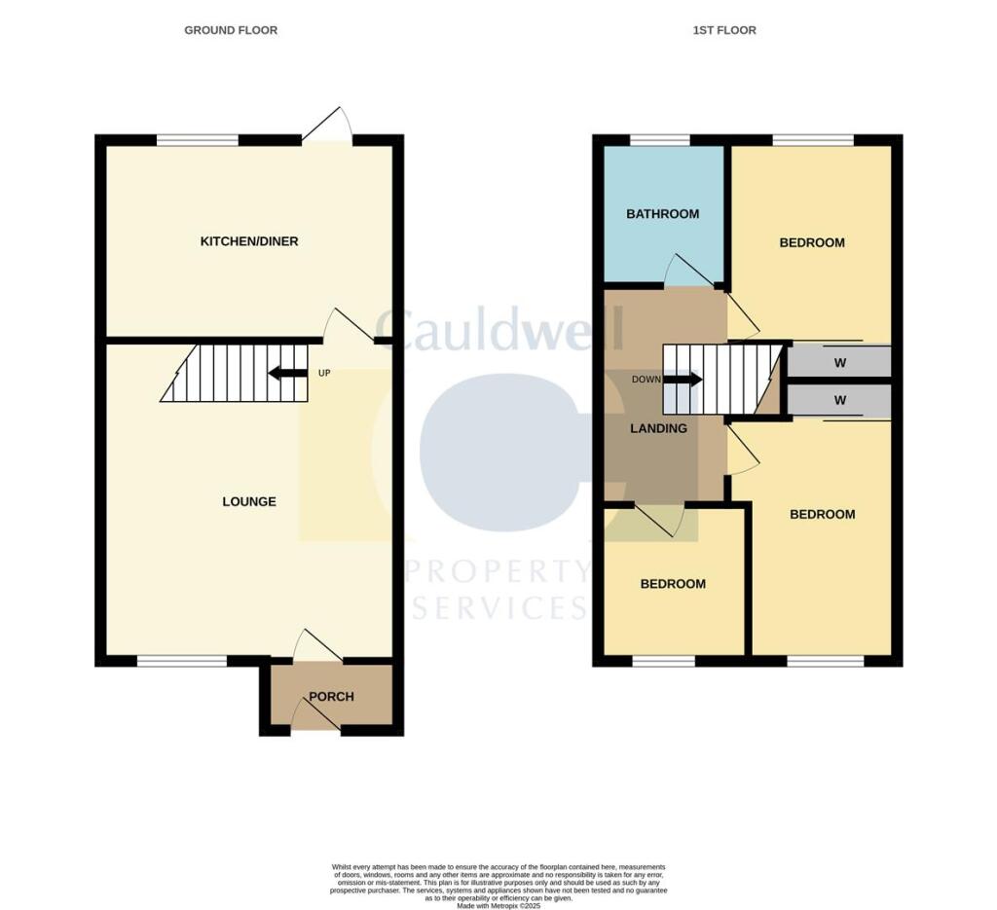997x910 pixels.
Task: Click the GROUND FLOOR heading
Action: click(x=231, y=30)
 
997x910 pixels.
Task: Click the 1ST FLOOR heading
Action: click(x=723, y=30)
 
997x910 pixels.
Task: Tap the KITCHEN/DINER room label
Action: click(x=249, y=240)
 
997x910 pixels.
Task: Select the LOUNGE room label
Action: click(x=249, y=501)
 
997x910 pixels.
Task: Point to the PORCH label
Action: click(x=332, y=697)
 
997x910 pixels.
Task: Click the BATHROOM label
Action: click(x=662, y=214)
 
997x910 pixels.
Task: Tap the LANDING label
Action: click(x=658, y=428)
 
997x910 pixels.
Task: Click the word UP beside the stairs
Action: click(x=324, y=373)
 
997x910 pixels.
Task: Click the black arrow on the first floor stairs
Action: click(x=683, y=380)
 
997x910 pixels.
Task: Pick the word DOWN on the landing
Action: click(x=646, y=380)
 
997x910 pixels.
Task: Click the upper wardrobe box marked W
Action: click(x=838, y=362)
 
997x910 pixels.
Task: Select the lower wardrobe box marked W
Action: click(x=838, y=400)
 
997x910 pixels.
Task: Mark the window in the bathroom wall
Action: click(x=659, y=140)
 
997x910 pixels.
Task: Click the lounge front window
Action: click(x=181, y=661)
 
